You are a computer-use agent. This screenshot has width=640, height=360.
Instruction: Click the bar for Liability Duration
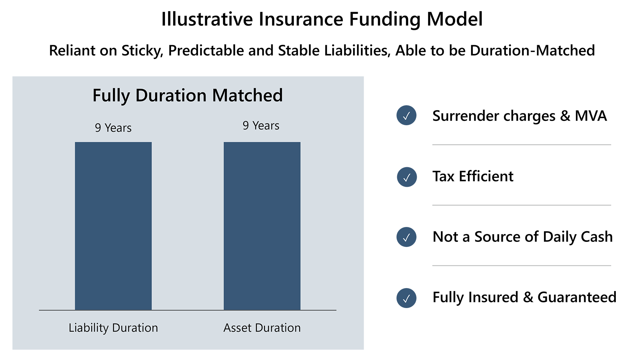point(113,226)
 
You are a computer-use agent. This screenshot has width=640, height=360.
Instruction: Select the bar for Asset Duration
point(262,226)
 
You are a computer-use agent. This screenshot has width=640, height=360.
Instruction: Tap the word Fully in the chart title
point(111,96)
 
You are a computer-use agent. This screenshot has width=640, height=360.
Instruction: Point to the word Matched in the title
point(247,95)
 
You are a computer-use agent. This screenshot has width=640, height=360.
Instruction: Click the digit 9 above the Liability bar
point(98,128)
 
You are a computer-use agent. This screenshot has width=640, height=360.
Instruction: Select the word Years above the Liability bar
point(118,128)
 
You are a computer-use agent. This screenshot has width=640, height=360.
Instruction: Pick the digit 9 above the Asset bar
point(246,126)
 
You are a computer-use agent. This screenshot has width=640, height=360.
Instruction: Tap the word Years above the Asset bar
point(266,126)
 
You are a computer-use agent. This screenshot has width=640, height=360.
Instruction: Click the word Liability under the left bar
point(89,328)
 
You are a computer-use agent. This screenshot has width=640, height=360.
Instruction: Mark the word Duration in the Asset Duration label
point(280,328)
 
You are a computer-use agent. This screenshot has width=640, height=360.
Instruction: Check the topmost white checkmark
point(406,116)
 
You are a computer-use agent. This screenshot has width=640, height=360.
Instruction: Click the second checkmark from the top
point(407,177)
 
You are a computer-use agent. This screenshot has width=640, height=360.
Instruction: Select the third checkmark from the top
point(406,237)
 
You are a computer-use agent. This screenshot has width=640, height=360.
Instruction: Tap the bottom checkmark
point(406,298)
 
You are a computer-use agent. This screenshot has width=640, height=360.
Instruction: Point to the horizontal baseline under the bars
point(187,310)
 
